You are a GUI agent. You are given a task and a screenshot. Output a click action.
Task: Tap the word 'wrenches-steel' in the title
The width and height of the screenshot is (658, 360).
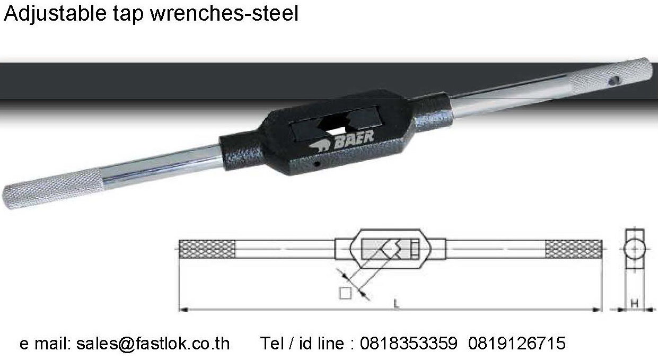click(224, 14)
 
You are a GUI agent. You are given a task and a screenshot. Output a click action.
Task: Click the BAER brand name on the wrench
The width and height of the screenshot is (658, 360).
click(354, 137)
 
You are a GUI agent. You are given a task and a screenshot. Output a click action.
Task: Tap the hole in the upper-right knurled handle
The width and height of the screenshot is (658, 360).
click(615, 81)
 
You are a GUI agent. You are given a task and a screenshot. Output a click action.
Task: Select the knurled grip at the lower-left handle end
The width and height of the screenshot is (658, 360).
click(53, 189)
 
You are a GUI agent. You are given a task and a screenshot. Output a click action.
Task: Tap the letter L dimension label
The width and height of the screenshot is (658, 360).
click(396, 303)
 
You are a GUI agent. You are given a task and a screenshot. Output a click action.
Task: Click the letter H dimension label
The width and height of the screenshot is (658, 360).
click(634, 303)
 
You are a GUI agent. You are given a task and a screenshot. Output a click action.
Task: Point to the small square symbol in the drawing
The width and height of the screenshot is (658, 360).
click(346, 292)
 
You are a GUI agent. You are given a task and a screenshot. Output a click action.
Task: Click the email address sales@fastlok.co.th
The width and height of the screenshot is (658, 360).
click(153, 344)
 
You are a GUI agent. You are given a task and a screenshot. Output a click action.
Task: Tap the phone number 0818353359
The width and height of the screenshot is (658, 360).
click(408, 344)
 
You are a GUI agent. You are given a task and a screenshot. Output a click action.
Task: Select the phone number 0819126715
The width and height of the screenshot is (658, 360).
click(517, 344)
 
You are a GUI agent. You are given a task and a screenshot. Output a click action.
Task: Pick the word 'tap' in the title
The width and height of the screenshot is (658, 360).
click(129, 15)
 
